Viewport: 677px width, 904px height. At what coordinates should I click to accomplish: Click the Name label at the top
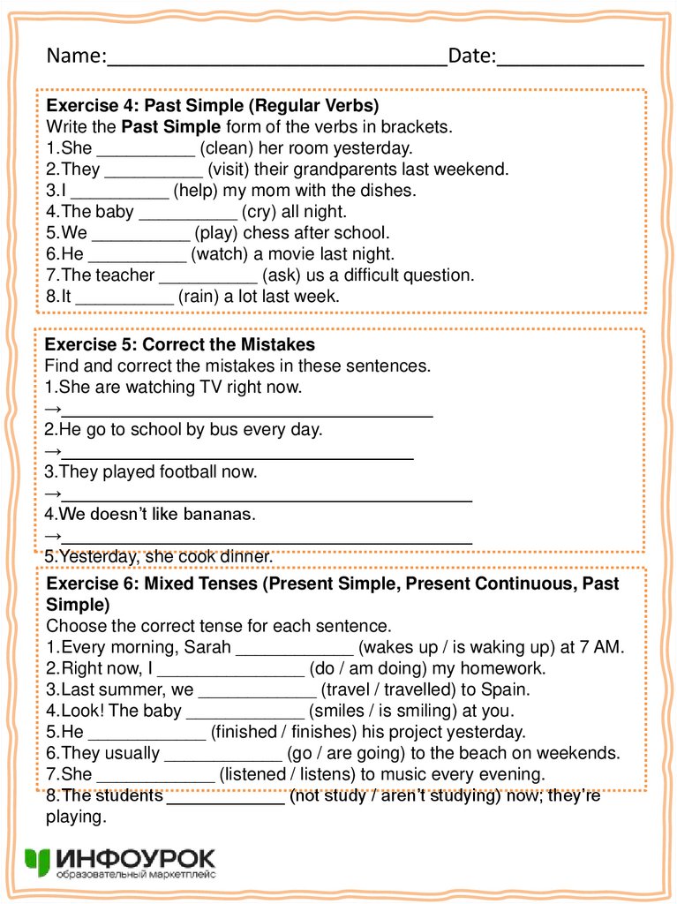click(75, 56)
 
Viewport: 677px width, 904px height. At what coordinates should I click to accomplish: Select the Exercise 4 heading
click(212, 106)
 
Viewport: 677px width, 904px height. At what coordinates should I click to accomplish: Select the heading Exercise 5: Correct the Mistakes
click(180, 344)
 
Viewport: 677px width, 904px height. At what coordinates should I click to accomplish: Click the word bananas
click(220, 514)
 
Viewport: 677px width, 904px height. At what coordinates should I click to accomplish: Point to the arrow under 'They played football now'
click(52, 493)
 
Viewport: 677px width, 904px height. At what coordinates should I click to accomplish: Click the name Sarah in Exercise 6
click(207, 647)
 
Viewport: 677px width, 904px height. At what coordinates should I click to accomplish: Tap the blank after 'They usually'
click(223, 756)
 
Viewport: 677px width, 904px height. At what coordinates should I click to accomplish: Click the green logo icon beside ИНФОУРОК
click(39, 862)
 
